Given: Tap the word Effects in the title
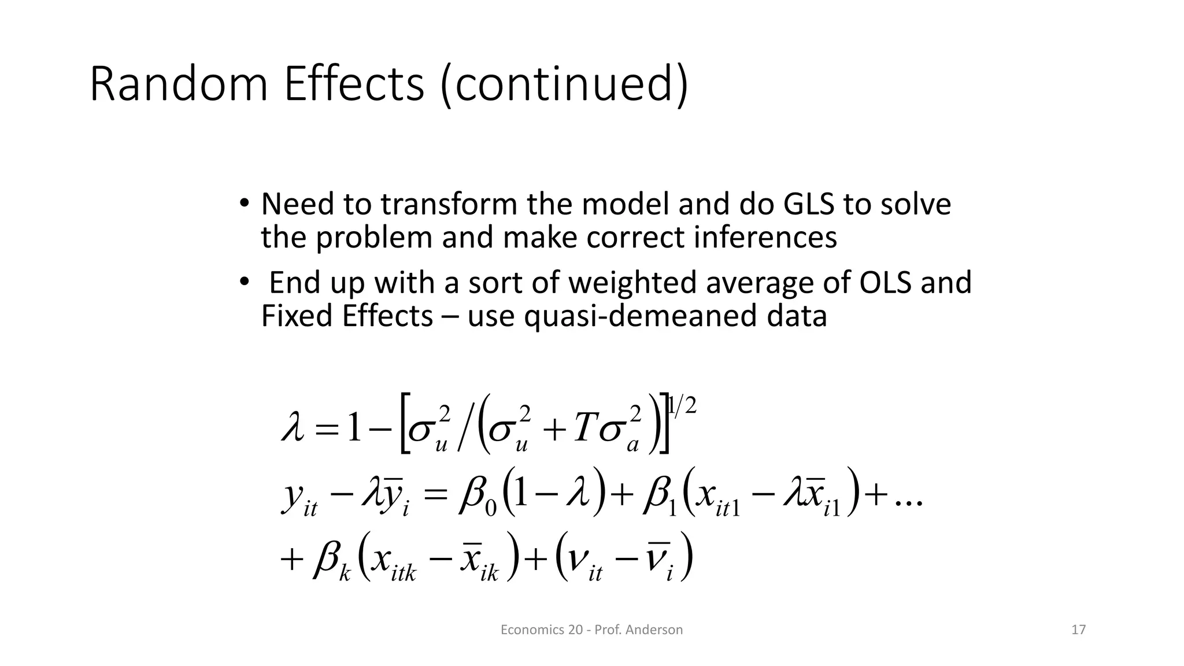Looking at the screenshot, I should tap(354, 84).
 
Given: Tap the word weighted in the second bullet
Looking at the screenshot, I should tap(633, 283).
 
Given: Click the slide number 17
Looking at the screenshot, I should tap(1078, 630).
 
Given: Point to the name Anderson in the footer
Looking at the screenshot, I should tap(654, 630).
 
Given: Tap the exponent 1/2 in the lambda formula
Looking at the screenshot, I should tap(682, 406).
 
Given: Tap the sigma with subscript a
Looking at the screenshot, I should tap(620, 431).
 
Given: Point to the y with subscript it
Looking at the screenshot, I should tap(298, 498).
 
